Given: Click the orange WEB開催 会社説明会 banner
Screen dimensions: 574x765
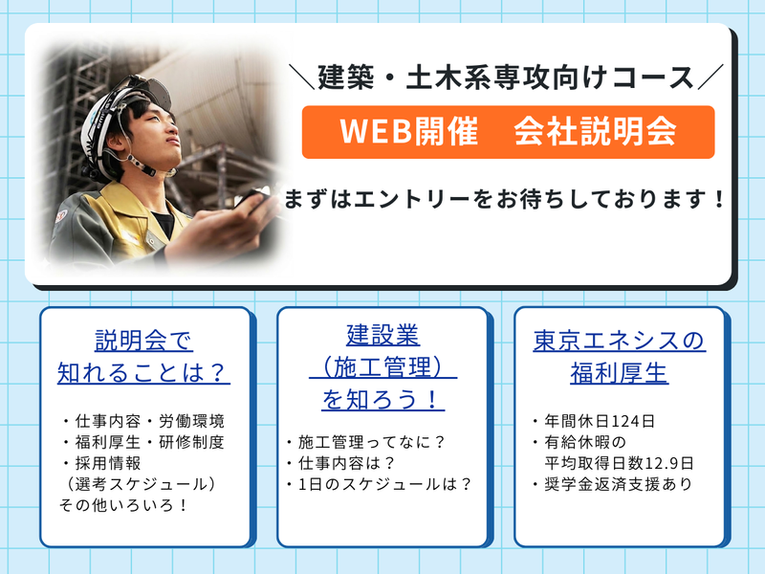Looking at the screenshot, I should coord(508,132).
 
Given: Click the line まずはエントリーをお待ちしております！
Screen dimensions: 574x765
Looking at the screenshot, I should coord(505,202).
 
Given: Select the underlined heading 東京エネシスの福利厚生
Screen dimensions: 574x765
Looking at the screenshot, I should coord(619,355).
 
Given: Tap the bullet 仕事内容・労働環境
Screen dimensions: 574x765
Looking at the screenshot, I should coord(143,421).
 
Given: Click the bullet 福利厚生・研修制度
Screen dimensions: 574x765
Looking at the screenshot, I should coord(143,442).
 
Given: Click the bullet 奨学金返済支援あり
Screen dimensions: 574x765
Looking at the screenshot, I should coord(613,484).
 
